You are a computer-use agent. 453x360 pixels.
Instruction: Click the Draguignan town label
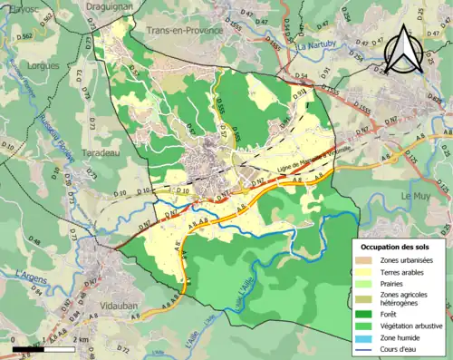pos(109,6)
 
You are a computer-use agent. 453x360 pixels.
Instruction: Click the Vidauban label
pos(119,306)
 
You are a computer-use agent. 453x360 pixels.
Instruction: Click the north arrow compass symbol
pos(403,51)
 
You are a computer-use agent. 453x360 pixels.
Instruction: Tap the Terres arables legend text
pos(405,272)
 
